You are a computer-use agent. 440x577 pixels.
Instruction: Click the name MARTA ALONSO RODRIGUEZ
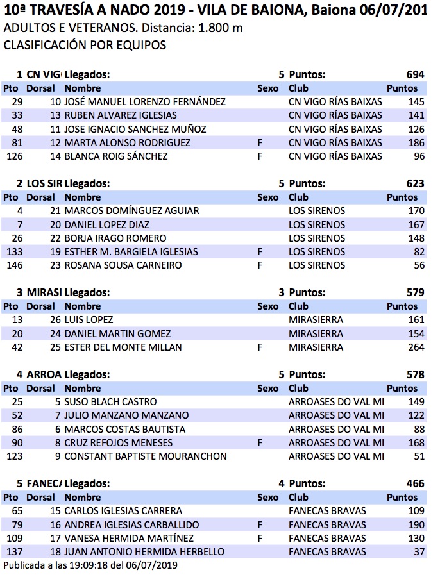click(128, 143)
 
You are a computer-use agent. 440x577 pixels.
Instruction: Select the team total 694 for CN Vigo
click(415, 75)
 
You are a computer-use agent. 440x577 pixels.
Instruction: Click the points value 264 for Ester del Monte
click(416, 347)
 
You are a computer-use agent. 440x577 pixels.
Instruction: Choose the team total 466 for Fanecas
click(415, 483)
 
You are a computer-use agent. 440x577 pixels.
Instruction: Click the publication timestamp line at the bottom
click(90, 565)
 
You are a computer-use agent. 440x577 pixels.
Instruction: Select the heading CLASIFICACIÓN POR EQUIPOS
click(85, 46)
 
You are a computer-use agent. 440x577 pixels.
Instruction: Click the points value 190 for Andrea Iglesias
click(416, 524)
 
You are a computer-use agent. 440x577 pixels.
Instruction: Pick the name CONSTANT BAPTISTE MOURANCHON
click(146, 456)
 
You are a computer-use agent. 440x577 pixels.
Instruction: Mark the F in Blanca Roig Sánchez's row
click(260, 156)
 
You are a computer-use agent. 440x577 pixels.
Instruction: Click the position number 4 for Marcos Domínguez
click(20, 211)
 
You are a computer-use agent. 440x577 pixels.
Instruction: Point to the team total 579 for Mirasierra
click(415, 292)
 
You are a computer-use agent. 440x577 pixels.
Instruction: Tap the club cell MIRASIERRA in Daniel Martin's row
click(316, 333)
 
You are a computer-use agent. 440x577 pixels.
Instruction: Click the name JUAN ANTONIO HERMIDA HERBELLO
click(144, 551)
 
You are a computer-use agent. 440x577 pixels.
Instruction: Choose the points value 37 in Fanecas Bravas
click(419, 551)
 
